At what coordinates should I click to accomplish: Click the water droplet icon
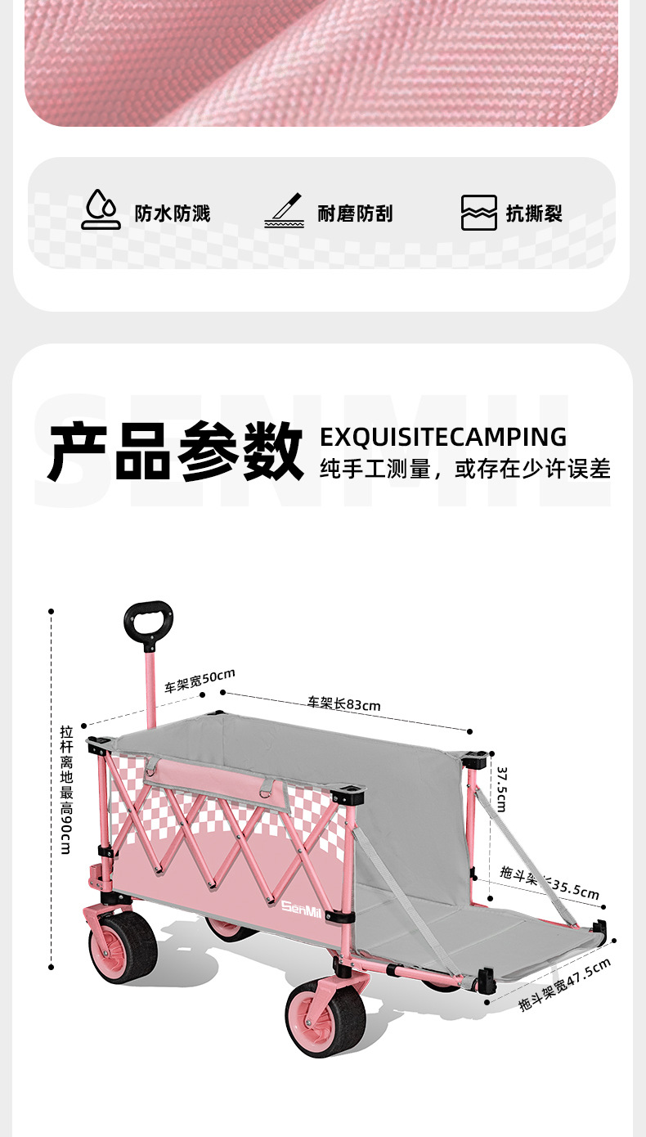tap(101, 211)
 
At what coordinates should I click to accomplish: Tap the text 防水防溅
tap(173, 213)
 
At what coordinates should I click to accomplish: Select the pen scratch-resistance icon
tap(284, 211)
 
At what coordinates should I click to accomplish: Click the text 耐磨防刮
tap(355, 213)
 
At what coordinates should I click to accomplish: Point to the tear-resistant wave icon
tap(478, 213)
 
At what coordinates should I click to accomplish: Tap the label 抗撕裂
tap(534, 213)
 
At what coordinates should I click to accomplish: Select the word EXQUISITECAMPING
tap(442, 436)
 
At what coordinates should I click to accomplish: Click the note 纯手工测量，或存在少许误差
tap(464, 469)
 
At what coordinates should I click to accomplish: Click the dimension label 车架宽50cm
tap(200, 681)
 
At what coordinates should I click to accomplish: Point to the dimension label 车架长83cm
tap(343, 703)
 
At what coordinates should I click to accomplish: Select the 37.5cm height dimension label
tap(501, 789)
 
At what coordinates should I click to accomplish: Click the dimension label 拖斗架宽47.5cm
tap(565, 985)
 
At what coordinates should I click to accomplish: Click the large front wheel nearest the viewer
tap(325, 1018)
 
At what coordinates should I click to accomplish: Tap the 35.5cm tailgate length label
tap(550, 882)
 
